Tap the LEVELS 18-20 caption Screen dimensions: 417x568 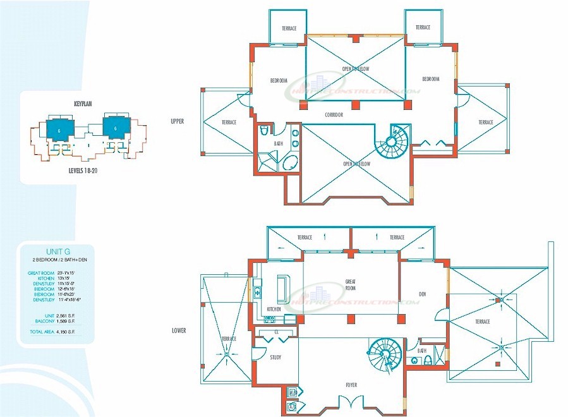[83, 171]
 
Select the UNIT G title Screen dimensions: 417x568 [56, 251]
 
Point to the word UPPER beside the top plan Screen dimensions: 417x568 [177, 121]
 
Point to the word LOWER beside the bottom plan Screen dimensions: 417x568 [179, 330]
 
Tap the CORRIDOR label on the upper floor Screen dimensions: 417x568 [334, 115]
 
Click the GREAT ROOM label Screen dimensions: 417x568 [350, 285]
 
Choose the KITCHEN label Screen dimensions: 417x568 [274, 309]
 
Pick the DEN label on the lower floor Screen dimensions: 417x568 [422, 293]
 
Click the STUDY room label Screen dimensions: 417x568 [275, 358]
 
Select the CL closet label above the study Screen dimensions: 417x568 [277, 332]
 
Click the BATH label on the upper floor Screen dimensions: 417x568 [278, 144]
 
